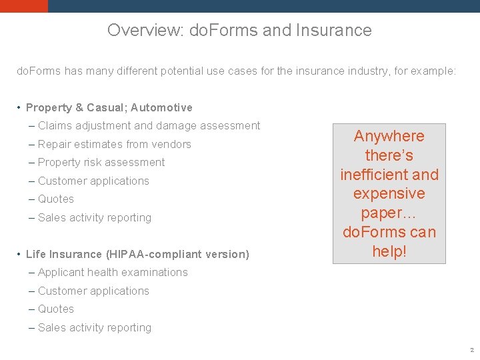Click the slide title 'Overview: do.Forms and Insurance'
pos(239,30)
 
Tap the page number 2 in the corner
pos(471,350)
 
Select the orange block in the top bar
pos(24,6)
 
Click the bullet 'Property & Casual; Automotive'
pos(109,107)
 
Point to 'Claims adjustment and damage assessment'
pos(149,125)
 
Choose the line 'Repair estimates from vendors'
pos(114,144)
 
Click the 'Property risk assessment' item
pos(101,162)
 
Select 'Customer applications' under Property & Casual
pos(93,181)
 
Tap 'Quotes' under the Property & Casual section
pos(56,199)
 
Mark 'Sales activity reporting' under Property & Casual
pos(95,217)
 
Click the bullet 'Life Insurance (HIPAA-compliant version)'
pos(137,254)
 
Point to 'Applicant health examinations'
pos(113,272)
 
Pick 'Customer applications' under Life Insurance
pos(93,291)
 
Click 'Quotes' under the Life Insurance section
pos(56,309)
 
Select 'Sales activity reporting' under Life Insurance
pos(95,327)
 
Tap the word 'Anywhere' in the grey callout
pos(389,136)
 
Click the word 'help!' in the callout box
pos(389,251)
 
